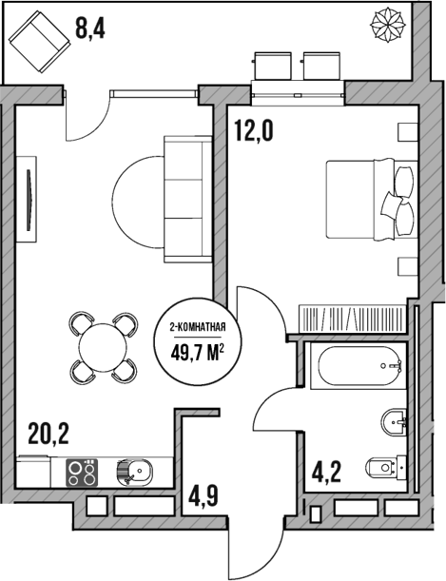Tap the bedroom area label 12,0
click(254, 129)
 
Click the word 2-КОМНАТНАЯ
click(197, 329)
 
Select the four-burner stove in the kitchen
click(82, 471)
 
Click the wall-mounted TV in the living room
click(30, 200)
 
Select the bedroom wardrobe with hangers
click(353, 317)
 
